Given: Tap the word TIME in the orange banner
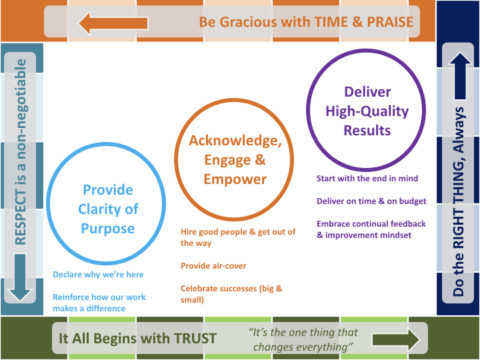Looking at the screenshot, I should click(312, 21).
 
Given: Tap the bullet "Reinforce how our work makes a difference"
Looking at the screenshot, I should click(100, 301).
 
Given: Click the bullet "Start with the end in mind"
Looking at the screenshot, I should click(366, 179).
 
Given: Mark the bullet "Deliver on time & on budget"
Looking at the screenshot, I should click(370, 200).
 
